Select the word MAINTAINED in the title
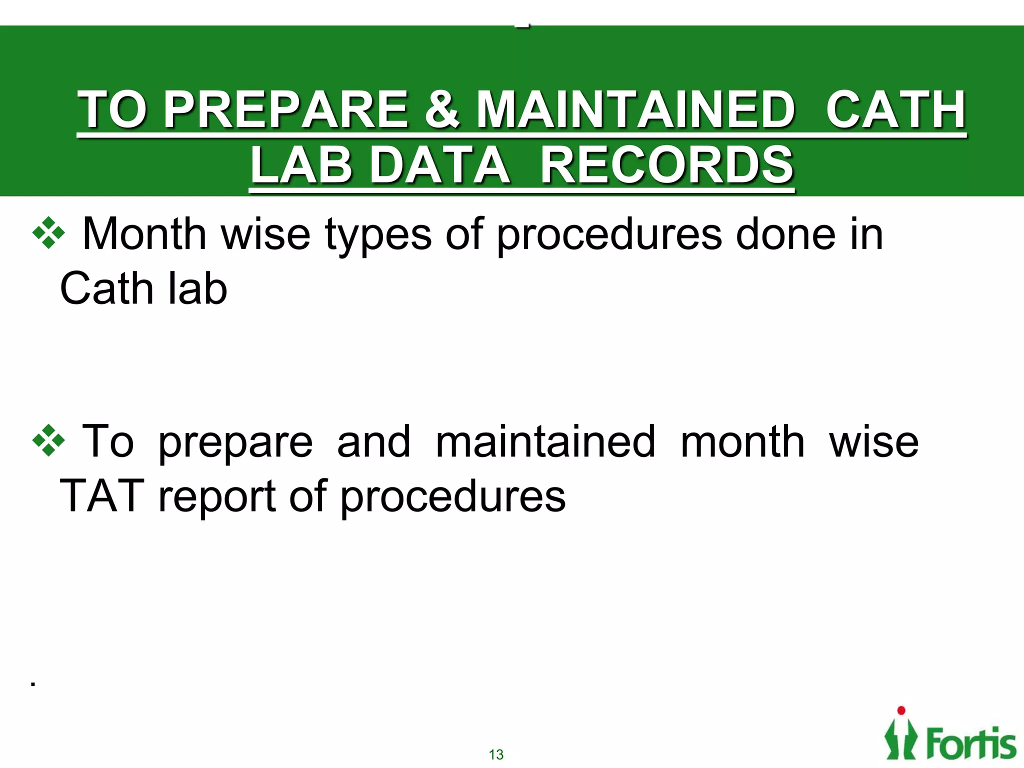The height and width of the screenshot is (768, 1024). click(x=635, y=109)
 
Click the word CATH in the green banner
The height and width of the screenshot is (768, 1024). click(x=895, y=109)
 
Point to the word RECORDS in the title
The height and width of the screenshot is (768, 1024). click(x=667, y=165)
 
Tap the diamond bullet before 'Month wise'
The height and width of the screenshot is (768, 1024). click(x=48, y=233)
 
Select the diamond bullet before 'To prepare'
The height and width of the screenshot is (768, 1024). click(x=48, y=440)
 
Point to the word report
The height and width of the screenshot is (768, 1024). click(x=217, y=498)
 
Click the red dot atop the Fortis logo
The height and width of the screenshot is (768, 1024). click(x=901, y=710)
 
